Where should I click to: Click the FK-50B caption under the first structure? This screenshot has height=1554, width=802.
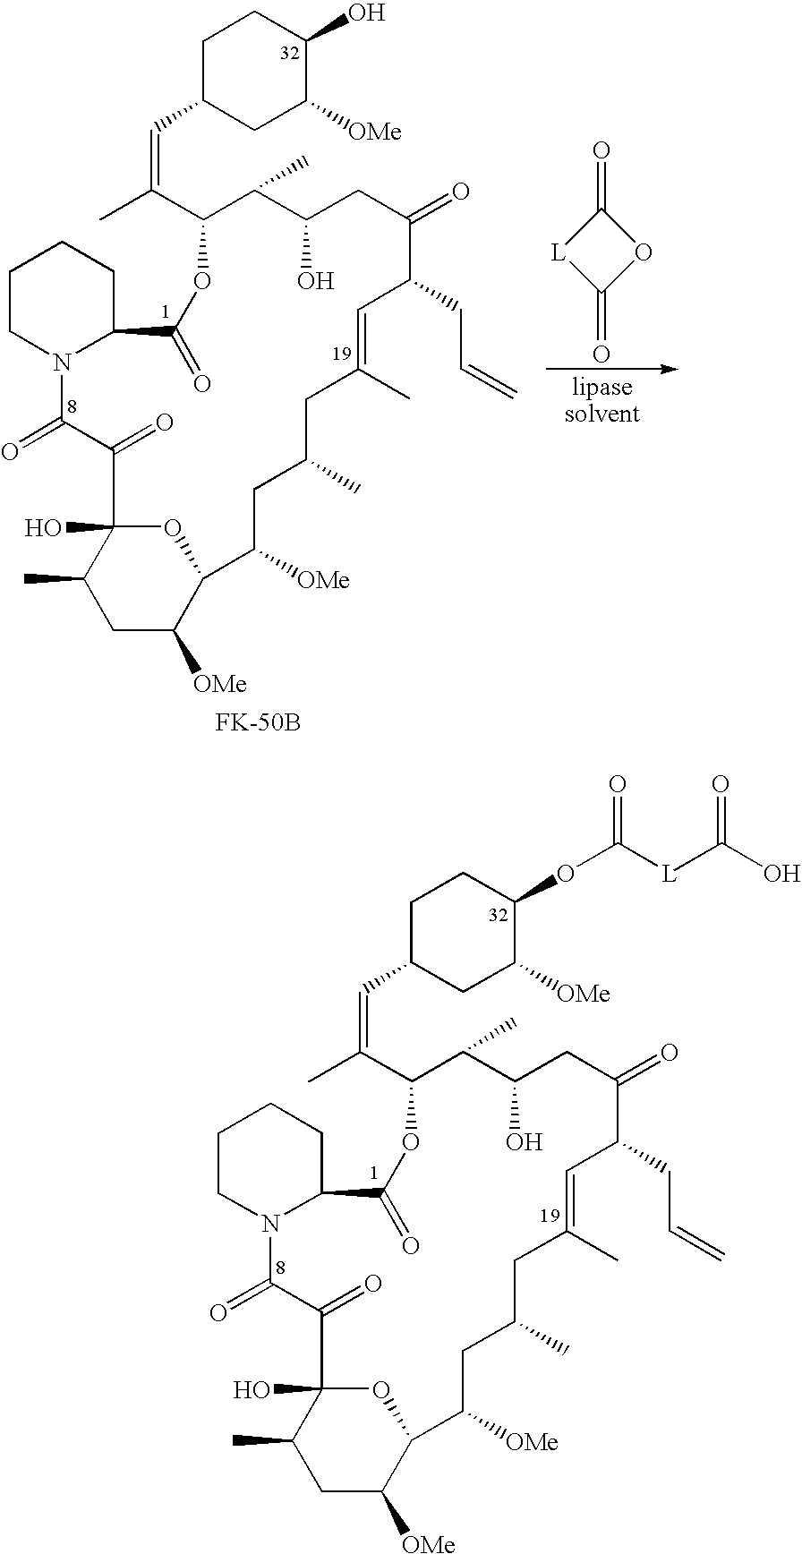[x=257, y=721]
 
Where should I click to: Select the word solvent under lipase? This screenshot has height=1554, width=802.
[x=601, y=414]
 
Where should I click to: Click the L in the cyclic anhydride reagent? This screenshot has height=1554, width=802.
[x=558, y=255]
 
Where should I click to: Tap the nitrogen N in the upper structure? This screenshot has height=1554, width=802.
[x=62, y=363]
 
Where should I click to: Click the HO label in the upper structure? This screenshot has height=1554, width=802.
[x=43, y=528]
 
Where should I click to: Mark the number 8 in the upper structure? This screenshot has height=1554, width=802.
[x=71, y=407]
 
